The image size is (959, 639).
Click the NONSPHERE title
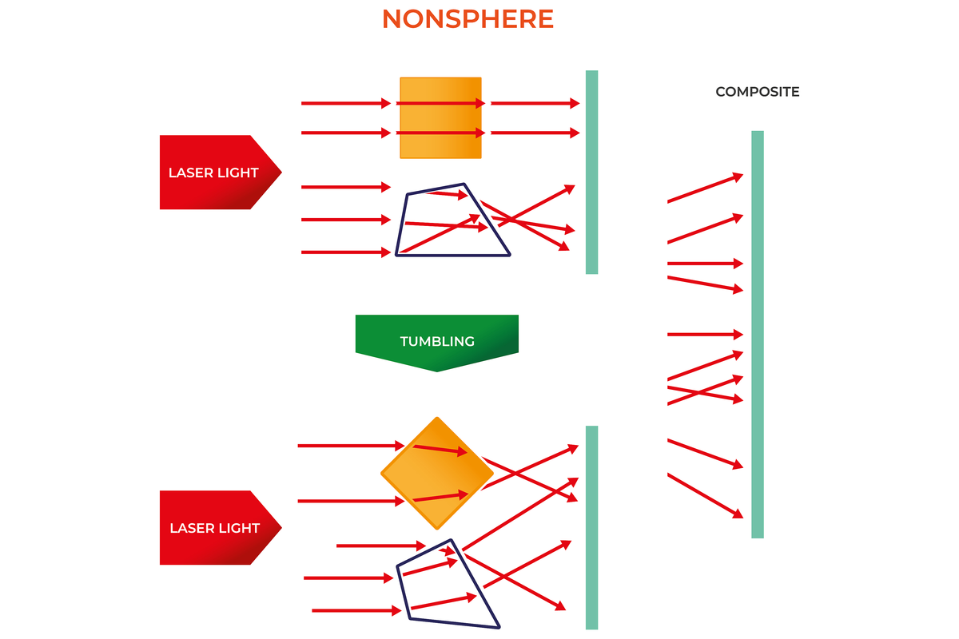[x=468, y=19]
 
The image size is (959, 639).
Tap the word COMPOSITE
[x=757, y=92]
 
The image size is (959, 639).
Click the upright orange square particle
[x=440, y=117]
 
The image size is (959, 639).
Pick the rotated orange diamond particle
[x=436, y=473]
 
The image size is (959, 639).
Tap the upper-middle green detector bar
[x=591, y=172]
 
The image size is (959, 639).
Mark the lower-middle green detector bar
[x=591, y=527]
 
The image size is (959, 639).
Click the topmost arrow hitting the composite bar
[x=705, y=188]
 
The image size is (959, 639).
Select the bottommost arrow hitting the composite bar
[x=705, y=496]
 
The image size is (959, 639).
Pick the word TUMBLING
[x=437, y=341]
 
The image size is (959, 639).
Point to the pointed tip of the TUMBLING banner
[x=437, y=370]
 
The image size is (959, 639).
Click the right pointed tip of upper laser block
[x=280, y=172]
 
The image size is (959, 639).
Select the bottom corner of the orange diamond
[x=436, y=527]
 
